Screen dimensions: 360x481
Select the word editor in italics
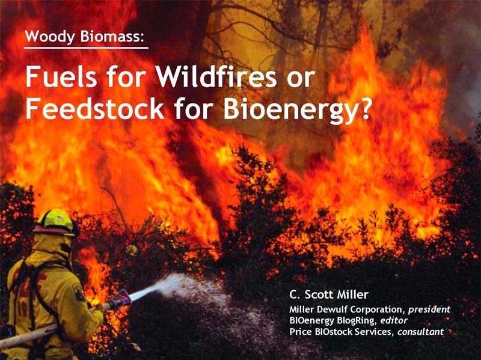pos(394,321)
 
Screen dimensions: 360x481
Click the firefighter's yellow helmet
pos(55,221)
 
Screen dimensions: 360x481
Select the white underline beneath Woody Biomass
pos(86,48)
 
